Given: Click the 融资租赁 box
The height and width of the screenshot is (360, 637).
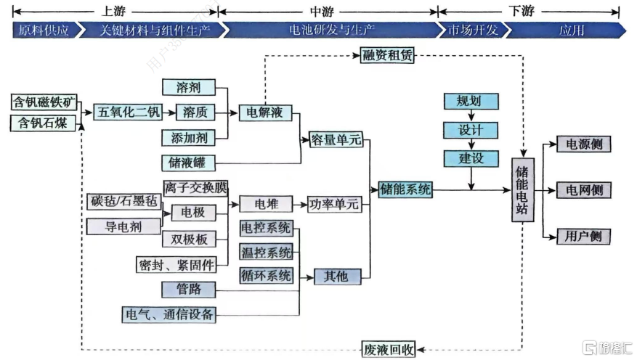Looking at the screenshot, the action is pyautogui.click(x=387, y=55).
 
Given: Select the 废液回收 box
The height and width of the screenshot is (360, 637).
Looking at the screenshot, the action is pyautogui.click(x=389, y=349).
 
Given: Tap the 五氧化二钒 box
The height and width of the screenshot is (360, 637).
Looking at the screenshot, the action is pyautogui.click(x=129, y=112).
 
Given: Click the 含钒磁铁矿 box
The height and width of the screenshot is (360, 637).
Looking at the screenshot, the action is pyautogui.click(x=44, y=102).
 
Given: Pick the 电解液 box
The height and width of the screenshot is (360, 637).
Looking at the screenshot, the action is pyautogui.click(x=265, y=112).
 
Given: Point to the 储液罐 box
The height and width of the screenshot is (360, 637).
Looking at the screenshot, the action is pyautogui.click(x=188, y=163).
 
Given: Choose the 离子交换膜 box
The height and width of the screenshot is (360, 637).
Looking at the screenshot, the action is pyautogui.click(x=195, y=188).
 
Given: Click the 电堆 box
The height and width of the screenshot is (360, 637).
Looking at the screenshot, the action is pyautogui.click(x=266, y=204).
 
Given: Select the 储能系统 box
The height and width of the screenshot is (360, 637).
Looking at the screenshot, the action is pyautogui.click(x=405, y=189).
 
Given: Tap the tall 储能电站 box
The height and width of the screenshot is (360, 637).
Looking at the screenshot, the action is pyautogui.click(x=522, y=190).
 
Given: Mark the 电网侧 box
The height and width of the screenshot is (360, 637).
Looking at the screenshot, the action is pyautogui.click(x=583, y=190).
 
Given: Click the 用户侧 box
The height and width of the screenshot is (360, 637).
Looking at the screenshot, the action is pyautogui.click(x=583, y=236).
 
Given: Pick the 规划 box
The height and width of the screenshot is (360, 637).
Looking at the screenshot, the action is pyautogui.click(x=471, y=101).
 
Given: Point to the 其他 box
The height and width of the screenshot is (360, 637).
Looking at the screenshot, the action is pyautogui.click(x=337, y=277).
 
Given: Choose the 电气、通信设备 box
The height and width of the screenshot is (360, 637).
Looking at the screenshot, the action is pyautogui.click(x=169, y=314).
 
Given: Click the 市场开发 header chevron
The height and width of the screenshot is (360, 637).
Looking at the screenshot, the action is pyautogui.click(x=473, y=30).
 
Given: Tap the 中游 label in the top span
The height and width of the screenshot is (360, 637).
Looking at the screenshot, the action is pyautogui.click(x=322, y=11).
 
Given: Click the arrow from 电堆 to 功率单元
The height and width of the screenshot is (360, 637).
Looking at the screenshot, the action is pyautogui.click(x=300, y=205).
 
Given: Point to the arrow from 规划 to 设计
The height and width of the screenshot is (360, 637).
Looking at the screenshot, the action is pyautogui.click(x=471, y=115).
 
